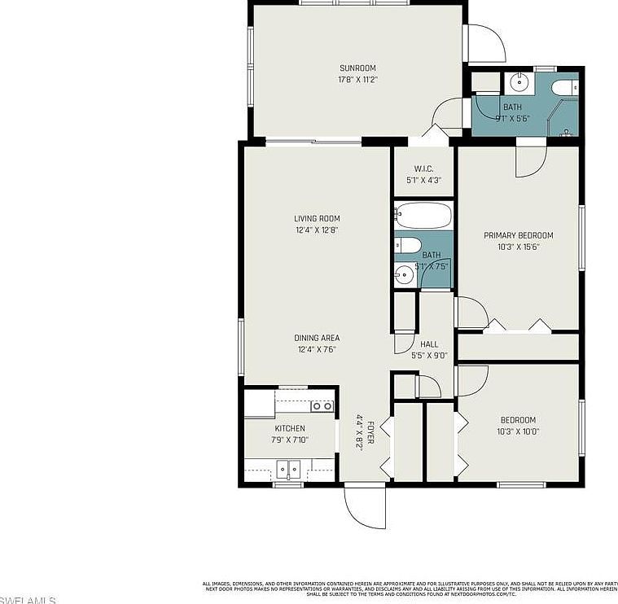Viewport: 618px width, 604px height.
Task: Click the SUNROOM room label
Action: tap(357, 68)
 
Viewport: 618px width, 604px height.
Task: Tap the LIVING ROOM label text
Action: tap(317, 218)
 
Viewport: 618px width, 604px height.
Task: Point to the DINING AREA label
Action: tap(317, 338)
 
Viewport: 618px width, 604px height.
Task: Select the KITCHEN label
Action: tap(290, 428)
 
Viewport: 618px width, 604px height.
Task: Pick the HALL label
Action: tap(429, 344)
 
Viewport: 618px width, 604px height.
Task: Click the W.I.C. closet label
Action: tap(423, 169)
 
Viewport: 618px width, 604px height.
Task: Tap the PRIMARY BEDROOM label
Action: tap(518, 235)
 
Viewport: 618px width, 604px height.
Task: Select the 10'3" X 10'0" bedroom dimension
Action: tap(518, 432)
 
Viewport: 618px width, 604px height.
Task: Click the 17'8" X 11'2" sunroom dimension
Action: tap(357, 80)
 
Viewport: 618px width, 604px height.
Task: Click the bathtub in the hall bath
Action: tap(423, 217)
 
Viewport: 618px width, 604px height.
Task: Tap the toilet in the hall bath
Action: tap(408, 245)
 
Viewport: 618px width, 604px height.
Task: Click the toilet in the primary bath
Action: tap(563, 87)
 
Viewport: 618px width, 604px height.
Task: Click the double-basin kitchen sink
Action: tap(287, 468)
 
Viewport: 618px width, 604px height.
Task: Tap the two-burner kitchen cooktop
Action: tap(322, 405)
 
